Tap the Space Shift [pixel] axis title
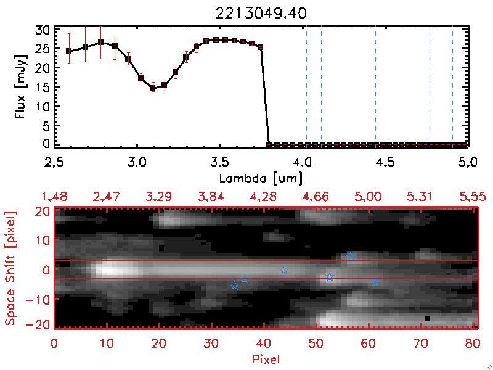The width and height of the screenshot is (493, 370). coord(10,269)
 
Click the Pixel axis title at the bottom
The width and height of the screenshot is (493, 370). coord(265,358)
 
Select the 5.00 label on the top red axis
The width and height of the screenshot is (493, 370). coord(370,196)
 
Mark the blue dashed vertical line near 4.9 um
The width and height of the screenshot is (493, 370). coord(452,86)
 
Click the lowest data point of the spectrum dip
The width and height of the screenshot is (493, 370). coord(153,88)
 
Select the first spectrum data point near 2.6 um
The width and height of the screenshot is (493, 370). coord(69,51)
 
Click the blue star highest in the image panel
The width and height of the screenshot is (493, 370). coord(350,256)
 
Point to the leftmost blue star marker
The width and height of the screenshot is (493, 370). coord(234,286)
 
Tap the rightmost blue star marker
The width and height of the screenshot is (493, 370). coord(375,282)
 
